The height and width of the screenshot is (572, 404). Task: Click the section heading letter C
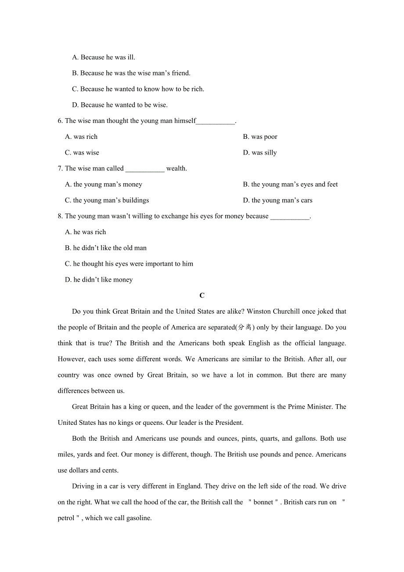[202, 296]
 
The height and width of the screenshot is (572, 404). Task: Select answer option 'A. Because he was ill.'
[104, 58]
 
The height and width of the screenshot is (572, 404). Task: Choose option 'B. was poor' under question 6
[260, 137]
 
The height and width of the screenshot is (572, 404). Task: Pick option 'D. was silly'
[260, 153]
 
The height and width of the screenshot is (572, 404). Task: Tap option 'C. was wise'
[82, 153]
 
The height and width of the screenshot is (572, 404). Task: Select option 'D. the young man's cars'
[278, 201]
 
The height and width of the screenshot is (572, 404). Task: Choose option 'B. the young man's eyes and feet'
[290, 185]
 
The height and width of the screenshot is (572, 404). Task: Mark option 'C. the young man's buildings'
[107, 201]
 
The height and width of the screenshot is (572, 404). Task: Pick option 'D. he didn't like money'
[99, 280]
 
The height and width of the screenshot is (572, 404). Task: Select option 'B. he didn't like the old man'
[106, 248]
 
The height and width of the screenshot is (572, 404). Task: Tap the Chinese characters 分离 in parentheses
[245, 327]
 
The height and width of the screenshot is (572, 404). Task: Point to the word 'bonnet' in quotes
[263, 502]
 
